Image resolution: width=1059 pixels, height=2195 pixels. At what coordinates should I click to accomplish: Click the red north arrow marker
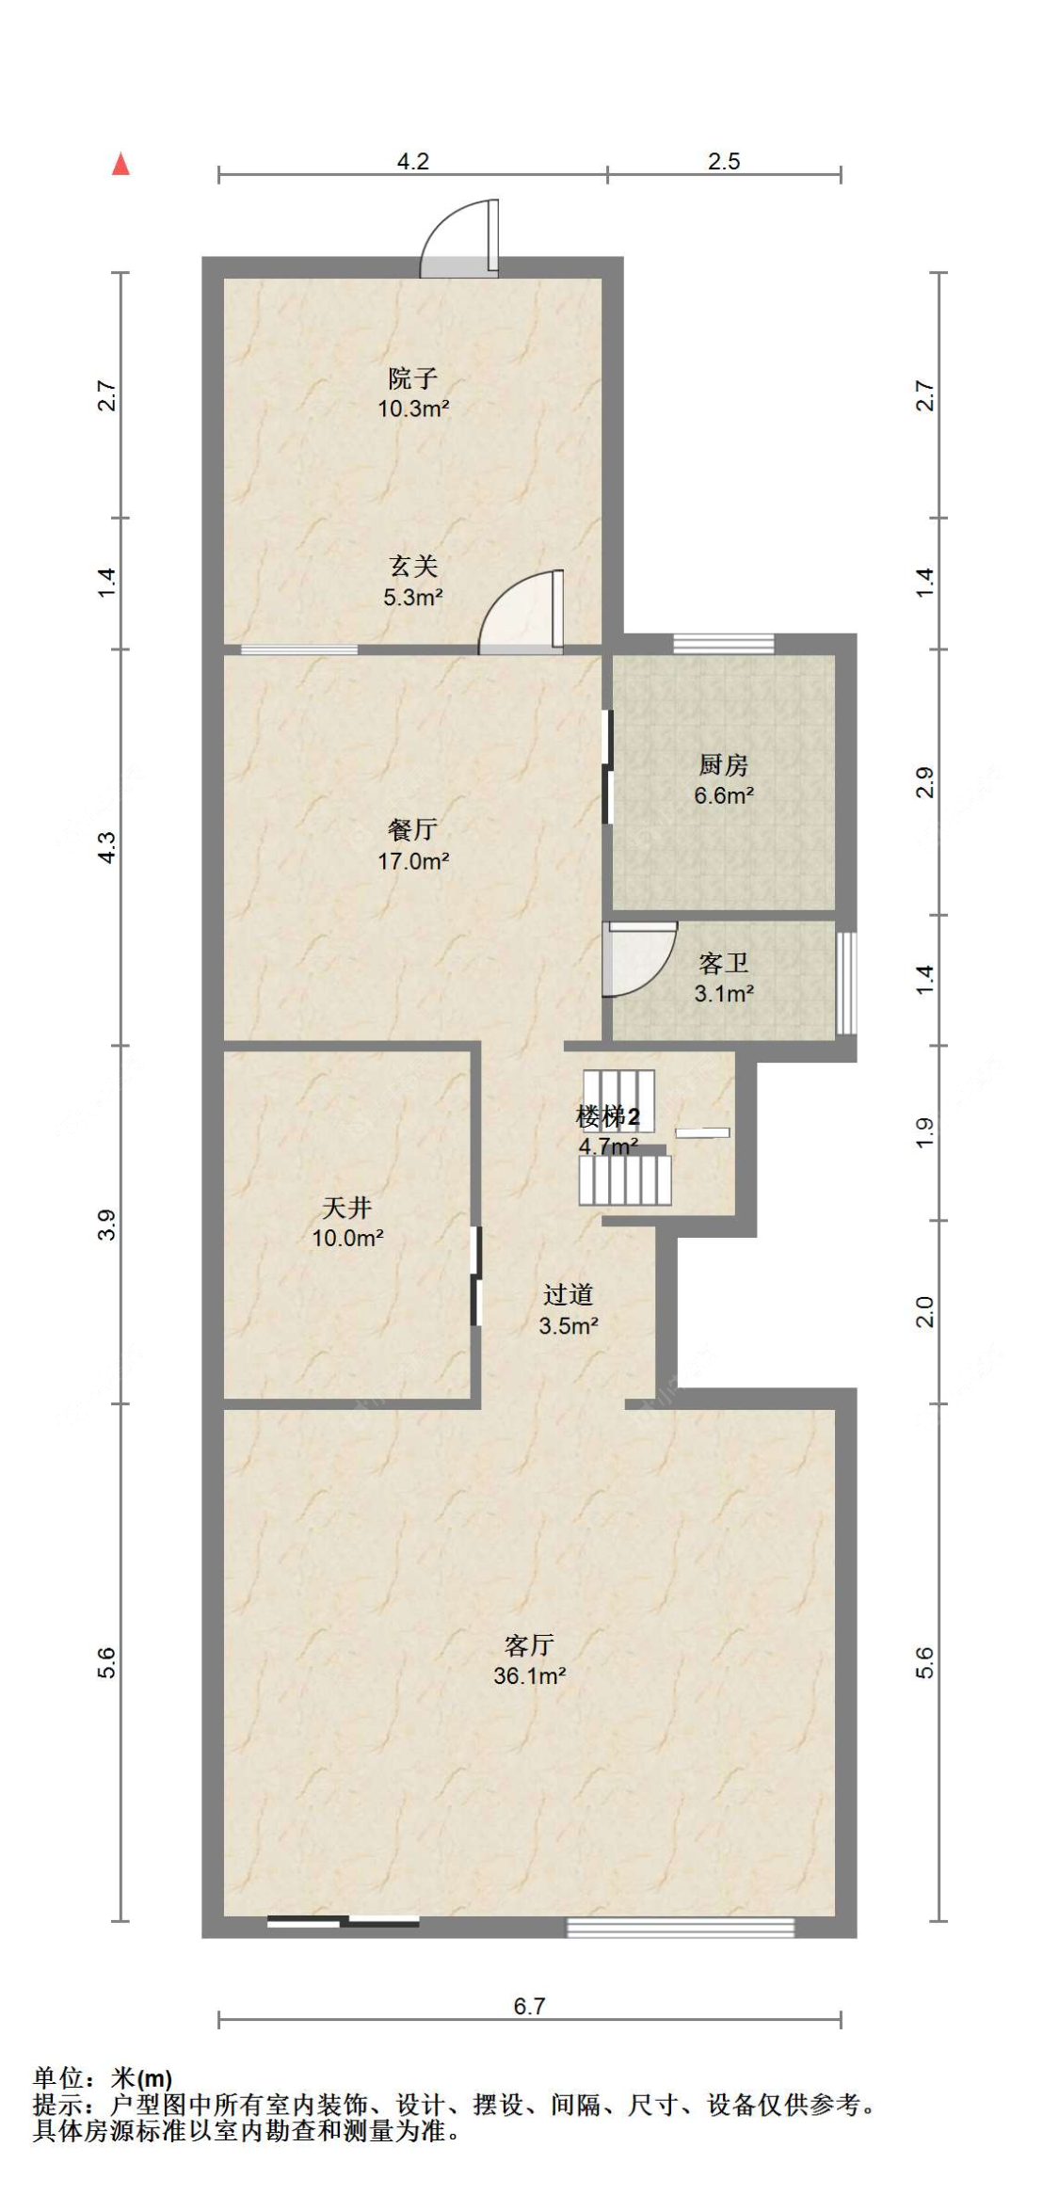pos(120,165)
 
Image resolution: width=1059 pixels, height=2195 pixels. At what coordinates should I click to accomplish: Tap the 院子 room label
pos(412,378)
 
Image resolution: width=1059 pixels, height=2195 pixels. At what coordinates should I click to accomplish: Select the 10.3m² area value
pos(413,409)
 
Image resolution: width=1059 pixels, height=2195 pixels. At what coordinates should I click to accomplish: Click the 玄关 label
pos(413,567)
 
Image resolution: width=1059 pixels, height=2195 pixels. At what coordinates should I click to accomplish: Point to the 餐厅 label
pos(412,830)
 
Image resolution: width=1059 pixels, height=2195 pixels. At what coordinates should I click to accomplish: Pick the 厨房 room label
pos(723,765)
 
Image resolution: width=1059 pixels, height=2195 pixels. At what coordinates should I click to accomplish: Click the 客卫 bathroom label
pos(723,963)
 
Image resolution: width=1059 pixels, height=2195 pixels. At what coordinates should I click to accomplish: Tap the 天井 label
pos(346,1208)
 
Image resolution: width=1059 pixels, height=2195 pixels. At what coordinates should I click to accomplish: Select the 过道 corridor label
pos(568,1295)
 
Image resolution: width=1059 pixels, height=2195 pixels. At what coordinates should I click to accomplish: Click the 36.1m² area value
pos(529,1675)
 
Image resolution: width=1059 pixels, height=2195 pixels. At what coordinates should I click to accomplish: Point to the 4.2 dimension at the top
pos(412,162)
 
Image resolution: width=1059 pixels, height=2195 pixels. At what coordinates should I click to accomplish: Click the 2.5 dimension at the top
pos(724,162)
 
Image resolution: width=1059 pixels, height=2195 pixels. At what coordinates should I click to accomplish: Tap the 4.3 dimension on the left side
pos(108,847)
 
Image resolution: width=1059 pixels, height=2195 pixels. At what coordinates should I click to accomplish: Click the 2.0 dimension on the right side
pos(925,1311)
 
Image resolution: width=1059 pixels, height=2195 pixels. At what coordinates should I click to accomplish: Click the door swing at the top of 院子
pos(458,237)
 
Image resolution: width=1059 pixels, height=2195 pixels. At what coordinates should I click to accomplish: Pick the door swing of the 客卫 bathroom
pos(640,958)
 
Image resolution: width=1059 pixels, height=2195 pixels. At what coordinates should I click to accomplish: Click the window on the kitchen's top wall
pos(723,644)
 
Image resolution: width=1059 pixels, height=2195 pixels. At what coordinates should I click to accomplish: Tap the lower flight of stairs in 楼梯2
pos(625,1180)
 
